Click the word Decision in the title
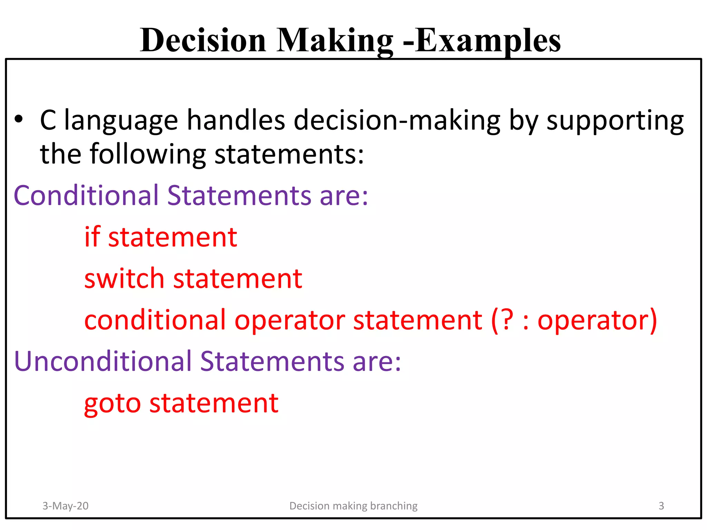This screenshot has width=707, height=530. click(x=203, y=41)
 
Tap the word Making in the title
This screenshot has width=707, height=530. click(x=335, y=41)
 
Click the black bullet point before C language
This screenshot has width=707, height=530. click(x=19, y=119)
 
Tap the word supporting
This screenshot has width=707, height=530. click(x=615, y=121)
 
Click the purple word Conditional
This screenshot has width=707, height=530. click(x=86, y=195)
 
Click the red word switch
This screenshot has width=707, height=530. click(x=124, y=278)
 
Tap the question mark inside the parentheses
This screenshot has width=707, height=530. click(x=507, y=320)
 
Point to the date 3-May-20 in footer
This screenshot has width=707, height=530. click(x=65, y=506)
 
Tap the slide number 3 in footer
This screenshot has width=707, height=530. click(x=661, y=506)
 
